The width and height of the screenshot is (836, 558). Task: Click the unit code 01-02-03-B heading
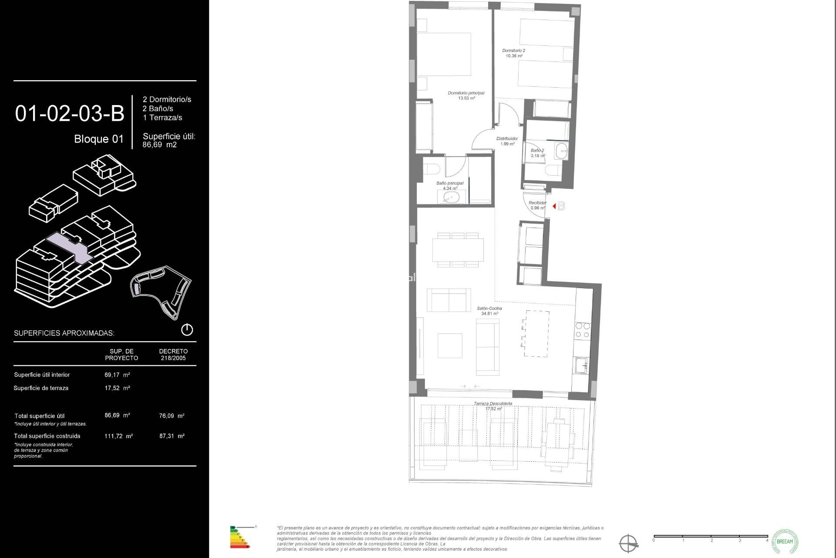click(x=70, y=113)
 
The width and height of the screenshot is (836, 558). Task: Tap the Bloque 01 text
click(x=99, y=139)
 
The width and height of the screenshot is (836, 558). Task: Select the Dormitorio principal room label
click(x=466, y=93)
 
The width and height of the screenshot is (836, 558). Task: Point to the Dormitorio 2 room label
click(x=513, y=51)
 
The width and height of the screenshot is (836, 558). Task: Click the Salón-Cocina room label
click(x=489, y=309)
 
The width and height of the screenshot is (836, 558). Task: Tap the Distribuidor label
click(x=507, y=139)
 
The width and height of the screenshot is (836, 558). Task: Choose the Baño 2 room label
click(x=537, y=151)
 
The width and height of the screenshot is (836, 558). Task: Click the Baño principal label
click(x=450, y=184)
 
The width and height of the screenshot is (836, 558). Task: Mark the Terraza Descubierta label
click(x=493, y=404)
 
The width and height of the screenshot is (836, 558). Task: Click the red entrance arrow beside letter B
click(x=554, y=206)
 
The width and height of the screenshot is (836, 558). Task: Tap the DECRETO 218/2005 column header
click(x=173, y=354)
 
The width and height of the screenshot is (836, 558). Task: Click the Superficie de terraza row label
click(x=41, y=388)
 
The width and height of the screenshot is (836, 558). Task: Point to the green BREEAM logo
click(x=785, y=541)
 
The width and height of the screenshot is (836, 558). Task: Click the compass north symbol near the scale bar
click(x=628, y=544)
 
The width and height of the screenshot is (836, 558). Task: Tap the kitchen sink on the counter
click(x=581, y=365)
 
